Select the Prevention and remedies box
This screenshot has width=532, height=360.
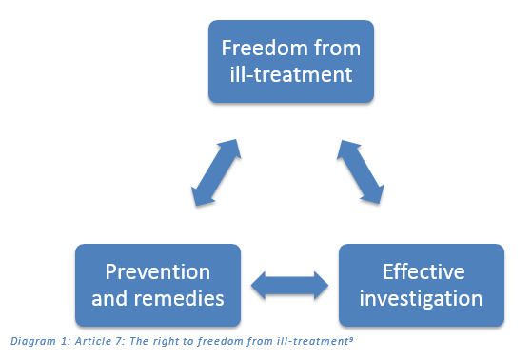pos(157,285)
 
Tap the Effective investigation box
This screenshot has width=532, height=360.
pos(420,285)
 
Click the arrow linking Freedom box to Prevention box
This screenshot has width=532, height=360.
pos(216,171)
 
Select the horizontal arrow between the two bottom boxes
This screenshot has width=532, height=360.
pos(289,284)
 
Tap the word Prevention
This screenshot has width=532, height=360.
pos(157,271)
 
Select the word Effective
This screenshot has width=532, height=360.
pos(421,271)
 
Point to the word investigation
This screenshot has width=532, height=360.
pos(421,298)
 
